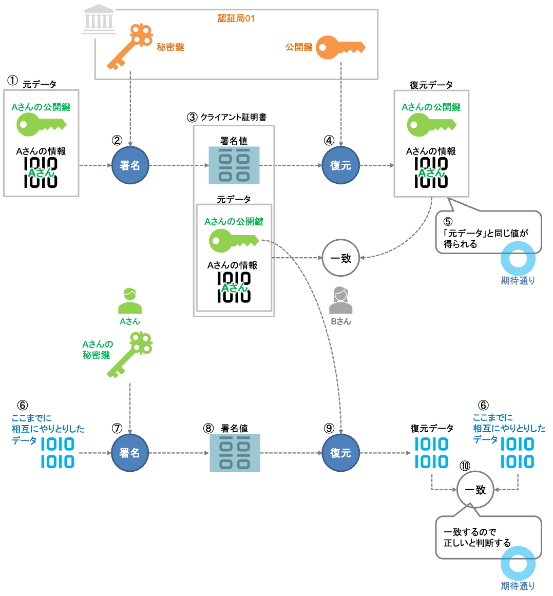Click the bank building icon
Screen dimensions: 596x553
(99, 21)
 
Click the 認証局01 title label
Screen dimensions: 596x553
(236, 18)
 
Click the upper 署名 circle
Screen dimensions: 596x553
(130, 165)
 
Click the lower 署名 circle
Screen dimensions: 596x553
(130, 453)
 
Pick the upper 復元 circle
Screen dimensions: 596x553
(340, 165)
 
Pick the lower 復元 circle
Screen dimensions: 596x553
(340, 453)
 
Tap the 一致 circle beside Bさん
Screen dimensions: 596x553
(340, 258)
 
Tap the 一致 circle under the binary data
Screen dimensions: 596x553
(475, 490)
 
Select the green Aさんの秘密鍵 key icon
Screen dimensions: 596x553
(130, 354)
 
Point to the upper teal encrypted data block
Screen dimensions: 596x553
(234, 165)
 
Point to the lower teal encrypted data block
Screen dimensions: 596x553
(235, 453)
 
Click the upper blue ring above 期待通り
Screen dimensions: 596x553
(518, 258)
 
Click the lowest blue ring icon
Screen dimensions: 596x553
(518, 563)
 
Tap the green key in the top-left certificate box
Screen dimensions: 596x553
(41, 125)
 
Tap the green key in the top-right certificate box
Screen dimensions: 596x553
(431, 125)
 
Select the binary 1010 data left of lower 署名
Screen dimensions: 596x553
(58, 453)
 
